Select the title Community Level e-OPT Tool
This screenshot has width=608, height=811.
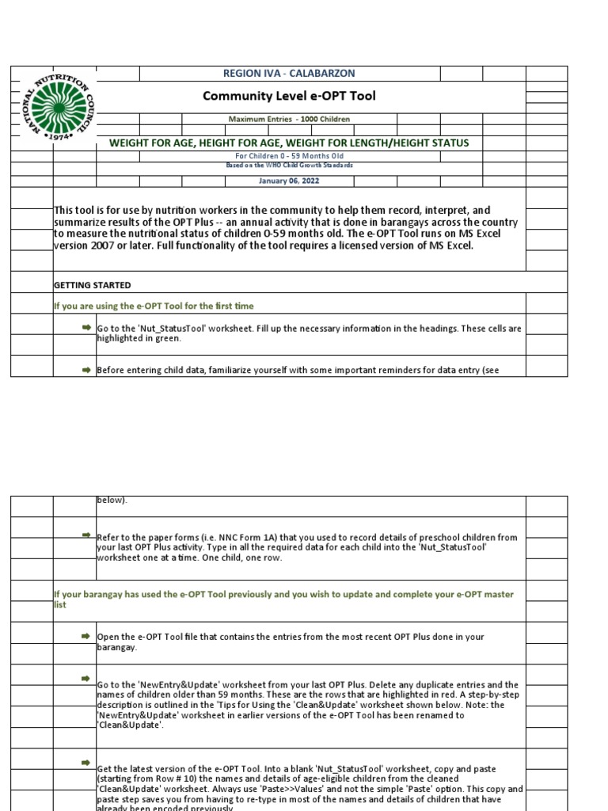click(289, 97)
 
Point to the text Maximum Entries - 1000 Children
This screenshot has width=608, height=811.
click(289, 119)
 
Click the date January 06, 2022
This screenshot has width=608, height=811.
click(289, 181)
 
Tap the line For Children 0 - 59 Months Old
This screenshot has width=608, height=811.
click(289, 156)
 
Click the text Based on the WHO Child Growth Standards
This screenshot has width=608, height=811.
click(289, 165)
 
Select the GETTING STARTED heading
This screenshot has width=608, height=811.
click(92, 285)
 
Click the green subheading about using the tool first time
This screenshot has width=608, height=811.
click(153, 306)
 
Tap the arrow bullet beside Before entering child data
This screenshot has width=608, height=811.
click(85, 369)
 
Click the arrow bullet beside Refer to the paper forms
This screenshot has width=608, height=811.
click(85, 536)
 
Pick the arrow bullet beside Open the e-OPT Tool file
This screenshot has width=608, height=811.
click(85, 636)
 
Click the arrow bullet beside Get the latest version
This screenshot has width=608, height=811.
click(85, 763)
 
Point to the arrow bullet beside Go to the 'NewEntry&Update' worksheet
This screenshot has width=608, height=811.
click(85, 679)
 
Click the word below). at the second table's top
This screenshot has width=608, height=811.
click(112, 500)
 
